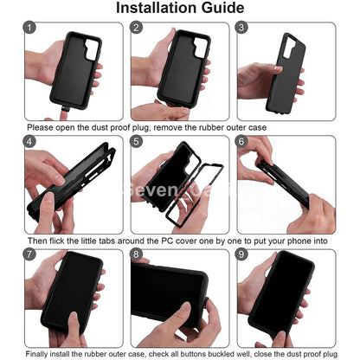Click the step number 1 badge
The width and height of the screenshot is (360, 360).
(31, 28)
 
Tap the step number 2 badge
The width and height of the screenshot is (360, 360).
(137, 28)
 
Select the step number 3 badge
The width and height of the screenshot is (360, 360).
(242, 28)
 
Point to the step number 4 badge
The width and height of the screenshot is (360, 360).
(31, 142)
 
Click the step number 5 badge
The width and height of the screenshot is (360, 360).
(137, 142)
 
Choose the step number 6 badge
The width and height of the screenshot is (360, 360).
(242, 142)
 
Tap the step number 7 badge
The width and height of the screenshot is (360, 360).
(31, 256)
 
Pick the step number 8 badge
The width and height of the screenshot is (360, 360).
(137, 256)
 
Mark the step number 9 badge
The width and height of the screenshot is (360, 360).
(242, 256)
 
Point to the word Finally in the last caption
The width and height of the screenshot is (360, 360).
(41, 354)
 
